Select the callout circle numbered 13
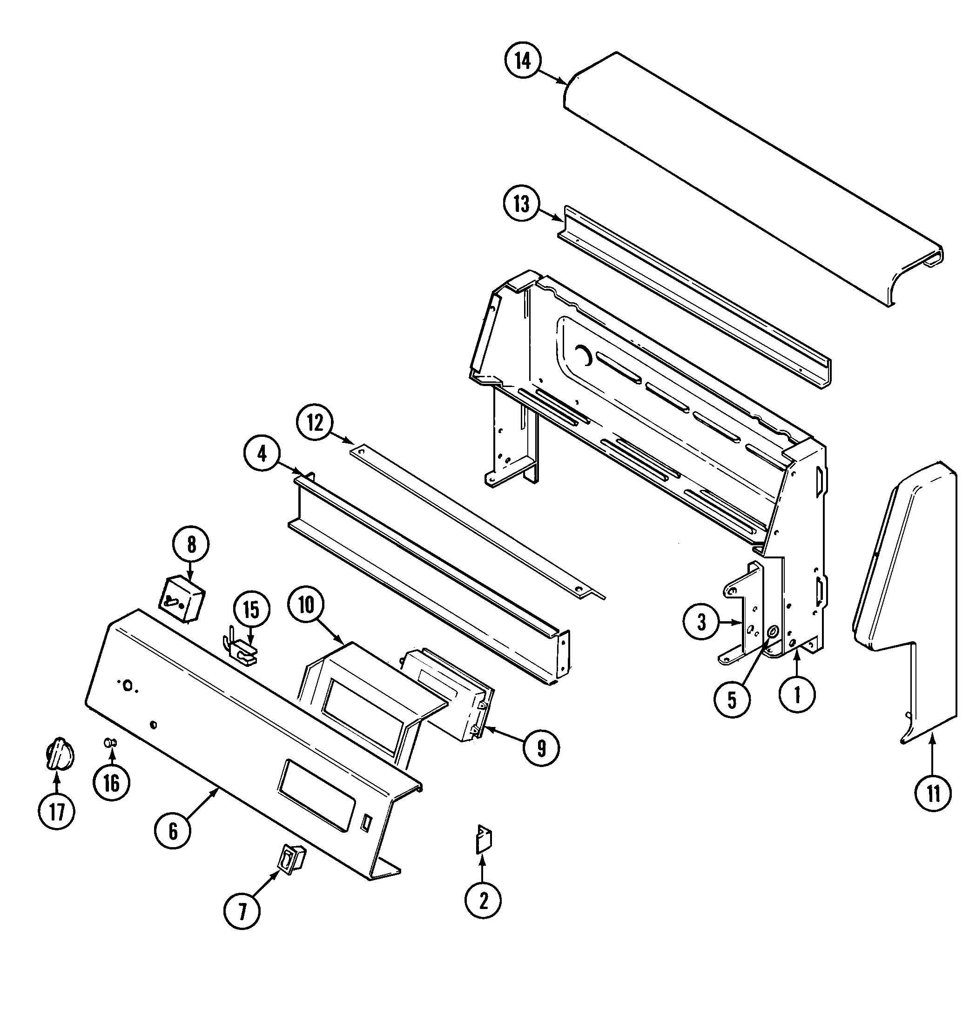[521, 204]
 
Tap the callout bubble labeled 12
[315, 423]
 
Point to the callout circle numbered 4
[262, 455]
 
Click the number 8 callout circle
[191, 545]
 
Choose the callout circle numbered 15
[252, 610]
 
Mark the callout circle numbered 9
[541, 748]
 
